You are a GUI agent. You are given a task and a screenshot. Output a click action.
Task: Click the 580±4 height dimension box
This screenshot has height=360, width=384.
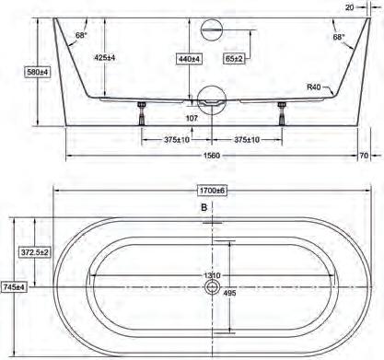38,73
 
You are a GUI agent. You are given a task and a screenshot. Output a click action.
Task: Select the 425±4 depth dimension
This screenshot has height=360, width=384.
105,57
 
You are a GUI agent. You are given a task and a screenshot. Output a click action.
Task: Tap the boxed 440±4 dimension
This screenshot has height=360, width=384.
190,59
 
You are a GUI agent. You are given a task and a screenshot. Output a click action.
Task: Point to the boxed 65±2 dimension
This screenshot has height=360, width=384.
234,59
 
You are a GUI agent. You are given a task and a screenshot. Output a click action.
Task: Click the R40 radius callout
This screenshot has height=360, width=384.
314,87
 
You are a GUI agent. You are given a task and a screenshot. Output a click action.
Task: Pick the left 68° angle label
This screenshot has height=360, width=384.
81,35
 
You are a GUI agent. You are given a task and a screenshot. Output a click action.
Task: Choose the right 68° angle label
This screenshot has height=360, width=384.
339,37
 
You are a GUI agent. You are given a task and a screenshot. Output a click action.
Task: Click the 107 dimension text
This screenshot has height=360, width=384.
192,118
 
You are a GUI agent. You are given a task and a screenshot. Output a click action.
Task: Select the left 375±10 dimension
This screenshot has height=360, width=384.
177,140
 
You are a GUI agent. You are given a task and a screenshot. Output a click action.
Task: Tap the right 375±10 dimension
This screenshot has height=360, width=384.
247,140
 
